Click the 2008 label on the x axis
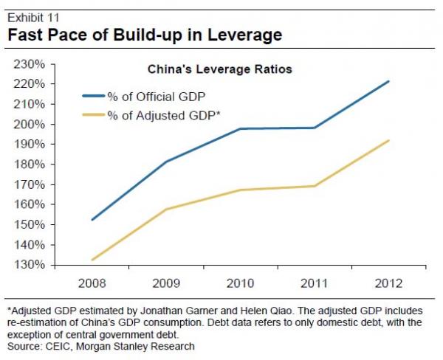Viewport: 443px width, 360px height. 92,283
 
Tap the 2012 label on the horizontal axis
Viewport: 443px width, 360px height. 388,283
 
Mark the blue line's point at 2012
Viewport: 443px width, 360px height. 388,82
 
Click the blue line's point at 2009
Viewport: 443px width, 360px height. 166,162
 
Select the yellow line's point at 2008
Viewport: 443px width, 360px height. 92,260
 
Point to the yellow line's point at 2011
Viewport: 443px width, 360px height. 315,186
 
